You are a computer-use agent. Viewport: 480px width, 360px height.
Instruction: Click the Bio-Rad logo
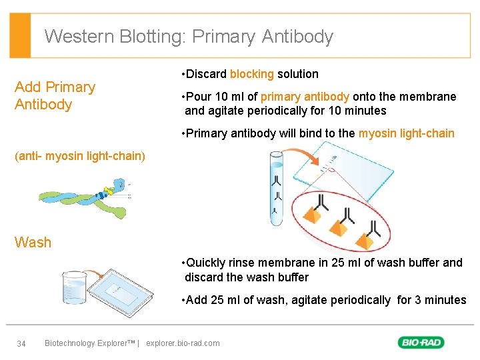(421, 343)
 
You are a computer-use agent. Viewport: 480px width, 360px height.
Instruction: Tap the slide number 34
(21, 343)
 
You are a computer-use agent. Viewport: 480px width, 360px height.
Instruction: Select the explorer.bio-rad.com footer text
(183, 343)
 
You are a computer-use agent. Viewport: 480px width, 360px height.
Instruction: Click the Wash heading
(33, 243)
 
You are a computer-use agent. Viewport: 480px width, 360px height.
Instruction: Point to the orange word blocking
(252, 74)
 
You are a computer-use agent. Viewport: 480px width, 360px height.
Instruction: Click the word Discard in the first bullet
(207, 74)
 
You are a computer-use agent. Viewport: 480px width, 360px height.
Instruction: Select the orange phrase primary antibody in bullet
(306, 97)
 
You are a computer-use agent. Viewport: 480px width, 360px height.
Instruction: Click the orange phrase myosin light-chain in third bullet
(406, 133)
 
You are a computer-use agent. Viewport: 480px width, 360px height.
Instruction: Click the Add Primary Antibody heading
(55, 96)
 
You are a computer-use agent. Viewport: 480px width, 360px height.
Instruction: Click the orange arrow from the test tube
(306, 155)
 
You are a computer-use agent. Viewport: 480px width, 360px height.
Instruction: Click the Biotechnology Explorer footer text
(89, 343)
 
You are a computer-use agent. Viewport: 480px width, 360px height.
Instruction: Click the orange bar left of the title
(21, 35)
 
